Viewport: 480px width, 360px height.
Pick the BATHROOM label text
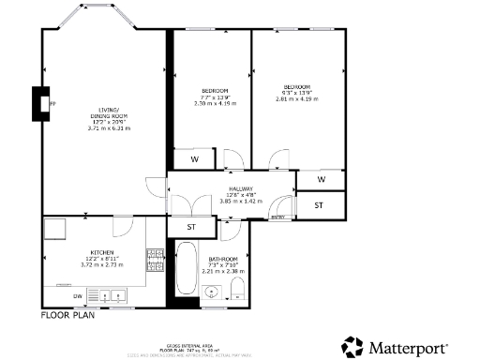224,259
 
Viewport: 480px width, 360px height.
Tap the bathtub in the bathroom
186,271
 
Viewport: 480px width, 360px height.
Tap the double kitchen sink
112,296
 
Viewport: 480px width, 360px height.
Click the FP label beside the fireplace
53,104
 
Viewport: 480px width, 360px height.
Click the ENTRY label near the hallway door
277,217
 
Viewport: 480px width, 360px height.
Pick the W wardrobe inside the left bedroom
194,159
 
